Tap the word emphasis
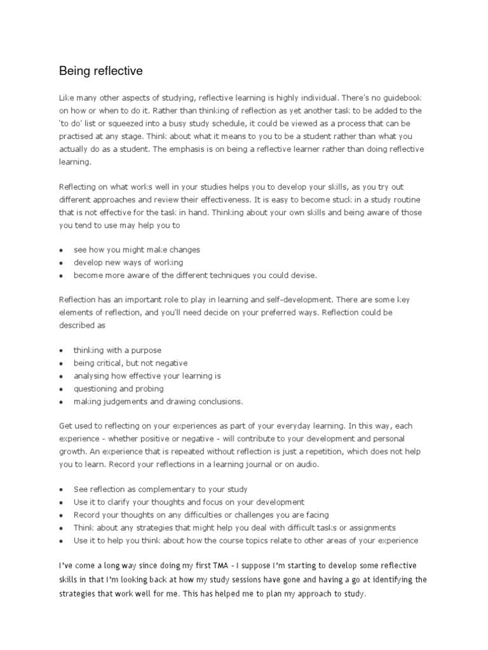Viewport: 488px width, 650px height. point(205,149)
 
